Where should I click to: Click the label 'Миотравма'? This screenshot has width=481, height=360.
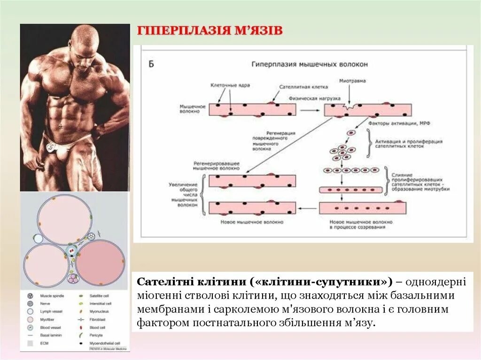click(x=352, y=81)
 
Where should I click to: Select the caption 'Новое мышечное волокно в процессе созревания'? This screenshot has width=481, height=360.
click(x=358, y=224)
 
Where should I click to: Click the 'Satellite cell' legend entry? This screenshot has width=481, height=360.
click(x=99, y=297)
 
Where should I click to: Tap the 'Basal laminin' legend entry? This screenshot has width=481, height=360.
click(x=51, y=335)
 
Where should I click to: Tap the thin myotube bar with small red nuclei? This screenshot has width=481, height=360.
click(x=351, y=190)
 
